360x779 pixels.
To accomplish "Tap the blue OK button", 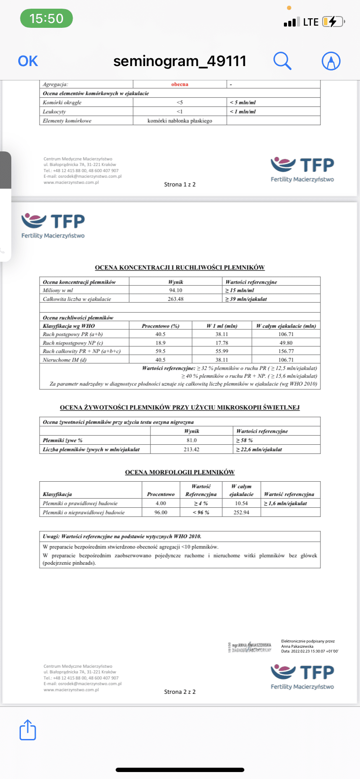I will pyautogui.click(x=28, y=61).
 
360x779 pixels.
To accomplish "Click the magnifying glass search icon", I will pyautogui.click(x=282, y=61).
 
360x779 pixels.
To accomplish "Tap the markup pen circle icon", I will pyautogui.click(x=331, y=61).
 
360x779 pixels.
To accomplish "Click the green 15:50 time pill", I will pyautogui.click(x=47, y=19).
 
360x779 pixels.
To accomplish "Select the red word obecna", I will pyautogui.click(x=180, y=84).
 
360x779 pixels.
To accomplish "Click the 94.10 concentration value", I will pyautogui.click(x=176, y=290).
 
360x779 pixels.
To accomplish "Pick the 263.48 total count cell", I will pyautogui.click(x=176, y=299).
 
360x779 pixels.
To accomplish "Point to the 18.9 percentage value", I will pyautogui.click(x=160, y=343).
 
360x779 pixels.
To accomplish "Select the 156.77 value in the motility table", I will pyautogui.click(x=286, y=351).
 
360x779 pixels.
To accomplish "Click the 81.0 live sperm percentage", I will pyautogui.click(x=191, y=440).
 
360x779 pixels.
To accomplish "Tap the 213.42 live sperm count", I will pyautogui.click(x=191, y=449).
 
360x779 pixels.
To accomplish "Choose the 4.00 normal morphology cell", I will pyautogui.click(x=161, y=503).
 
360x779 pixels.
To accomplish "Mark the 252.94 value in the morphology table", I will pyautogui.click(x=241, y=513).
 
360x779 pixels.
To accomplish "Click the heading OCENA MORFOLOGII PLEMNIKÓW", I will pyautogui.click(x=180, y=472).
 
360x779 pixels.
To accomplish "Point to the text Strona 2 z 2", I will pyautogui.click(x=180, y=692).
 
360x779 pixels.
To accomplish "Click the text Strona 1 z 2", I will pyautogui.click(x=180, y=184).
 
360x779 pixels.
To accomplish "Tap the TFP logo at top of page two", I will pyautogui.click(x=53, y=225).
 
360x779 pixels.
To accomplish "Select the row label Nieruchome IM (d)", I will pyautogui.click(x=65, y=360).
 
